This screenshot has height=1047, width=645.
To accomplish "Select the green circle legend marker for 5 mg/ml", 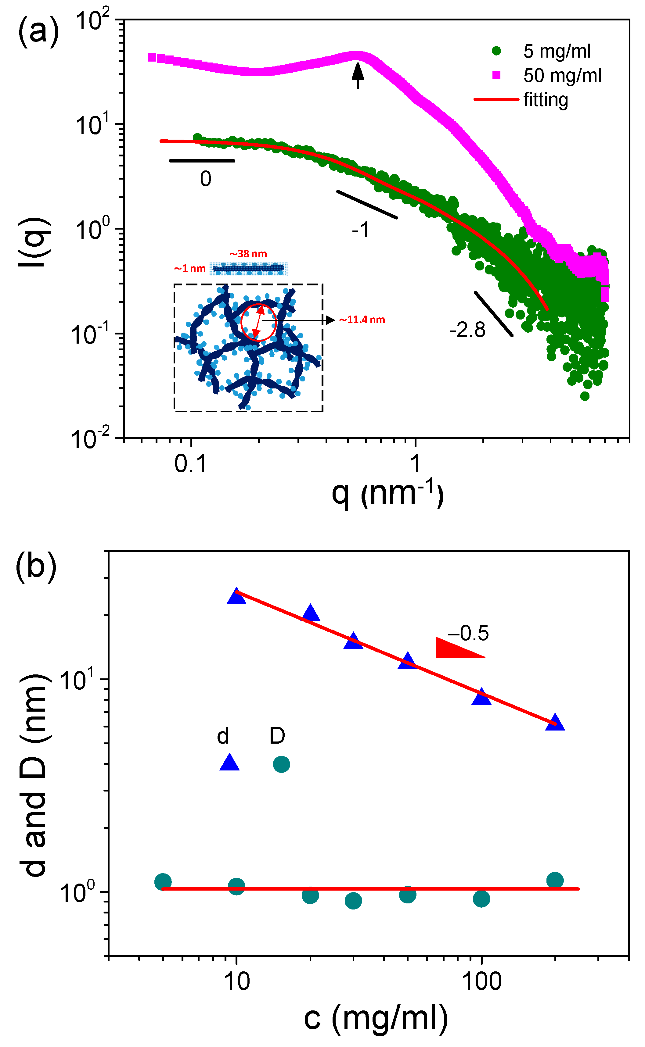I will tap(496, 51).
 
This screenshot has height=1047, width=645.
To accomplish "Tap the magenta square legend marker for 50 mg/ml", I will tap(496, 75).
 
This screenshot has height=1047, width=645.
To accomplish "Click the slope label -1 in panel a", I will tap(360, 230).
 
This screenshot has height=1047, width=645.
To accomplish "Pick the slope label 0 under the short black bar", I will tap(206, 179).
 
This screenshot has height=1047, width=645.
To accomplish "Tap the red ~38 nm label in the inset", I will tap(248, 254).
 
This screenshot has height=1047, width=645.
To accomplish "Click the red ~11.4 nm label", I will tap(362, 320).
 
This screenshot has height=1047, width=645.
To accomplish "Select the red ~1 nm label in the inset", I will tap(190, 269).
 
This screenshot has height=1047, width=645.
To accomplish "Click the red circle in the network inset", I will tap(258, 322).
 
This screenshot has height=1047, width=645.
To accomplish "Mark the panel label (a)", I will tap(38, 32).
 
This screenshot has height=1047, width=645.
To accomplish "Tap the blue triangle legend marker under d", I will tap(229, 763).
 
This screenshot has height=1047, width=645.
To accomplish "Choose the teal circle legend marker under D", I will tap(281, 764).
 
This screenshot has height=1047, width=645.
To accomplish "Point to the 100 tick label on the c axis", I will tap(482, 982).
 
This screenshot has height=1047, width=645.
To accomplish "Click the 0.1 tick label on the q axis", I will tap(190, 464).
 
